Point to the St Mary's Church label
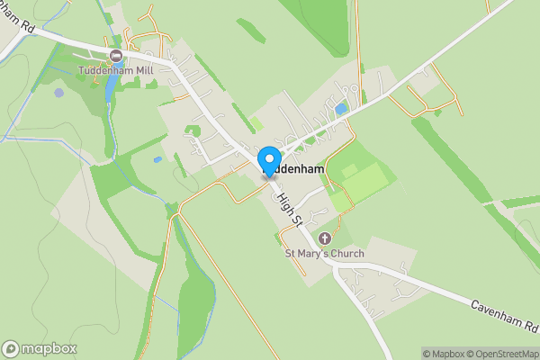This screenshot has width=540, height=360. tap(325, 253)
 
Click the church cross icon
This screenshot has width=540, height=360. tap(325, 238)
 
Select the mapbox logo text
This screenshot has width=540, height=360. tap(49, 349)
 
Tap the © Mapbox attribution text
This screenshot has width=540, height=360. tap(442, 354)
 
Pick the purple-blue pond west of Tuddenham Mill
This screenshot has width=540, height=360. tap(59, 92)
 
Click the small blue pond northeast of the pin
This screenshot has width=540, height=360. tap(340, 109)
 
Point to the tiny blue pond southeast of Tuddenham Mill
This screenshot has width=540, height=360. tap(158, 159)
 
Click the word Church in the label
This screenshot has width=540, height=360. tap(346, 253)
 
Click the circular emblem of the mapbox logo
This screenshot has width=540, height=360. tap(11, 349)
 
